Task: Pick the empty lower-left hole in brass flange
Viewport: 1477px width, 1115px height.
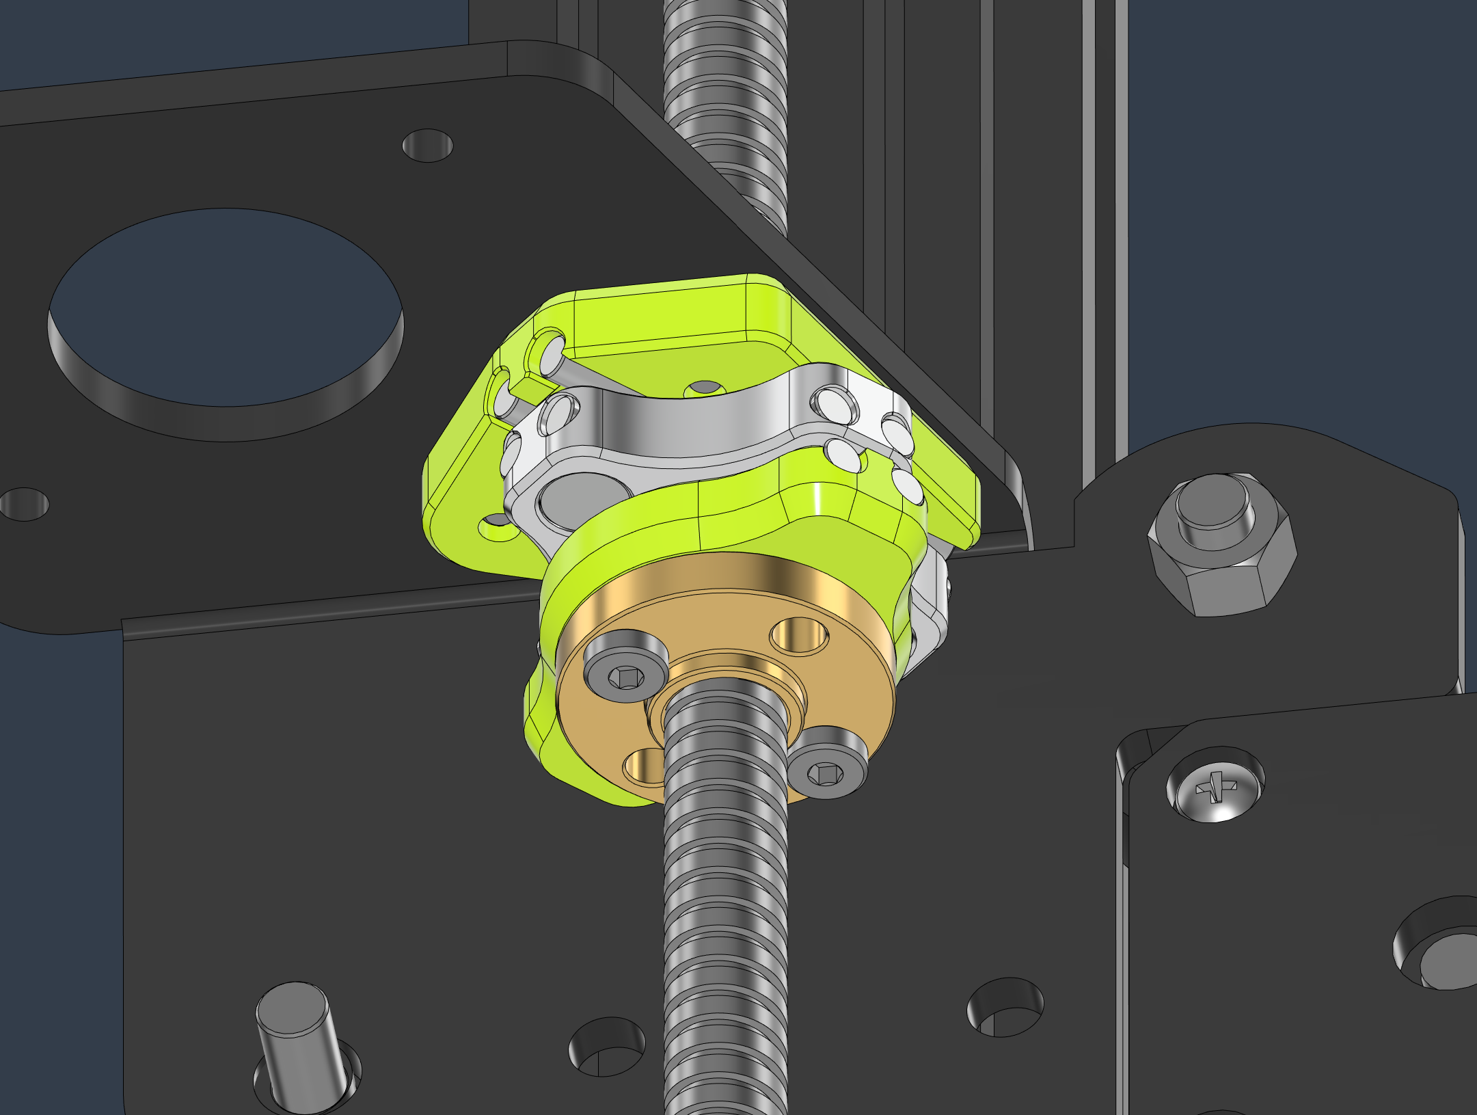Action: click(642, 764)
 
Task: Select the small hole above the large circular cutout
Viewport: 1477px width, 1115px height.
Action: click(428, 145)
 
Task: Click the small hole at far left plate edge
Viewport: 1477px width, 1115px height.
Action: click(25, 505)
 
